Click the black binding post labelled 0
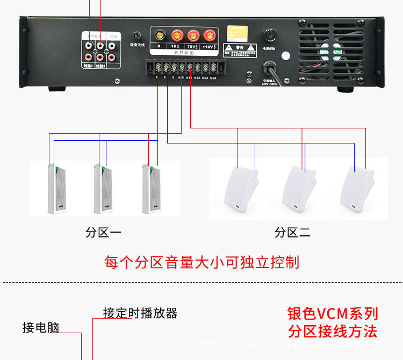coord(159,36)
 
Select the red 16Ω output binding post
coord(175,36)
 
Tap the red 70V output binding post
coord(192,36)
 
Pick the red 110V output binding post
coord(208,36)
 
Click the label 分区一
coord(103,233)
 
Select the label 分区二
coord(292,233)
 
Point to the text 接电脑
coord(41,328)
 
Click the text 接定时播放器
coord(140,313)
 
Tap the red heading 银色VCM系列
coord(333,313)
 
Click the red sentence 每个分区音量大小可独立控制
coord(201,262)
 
